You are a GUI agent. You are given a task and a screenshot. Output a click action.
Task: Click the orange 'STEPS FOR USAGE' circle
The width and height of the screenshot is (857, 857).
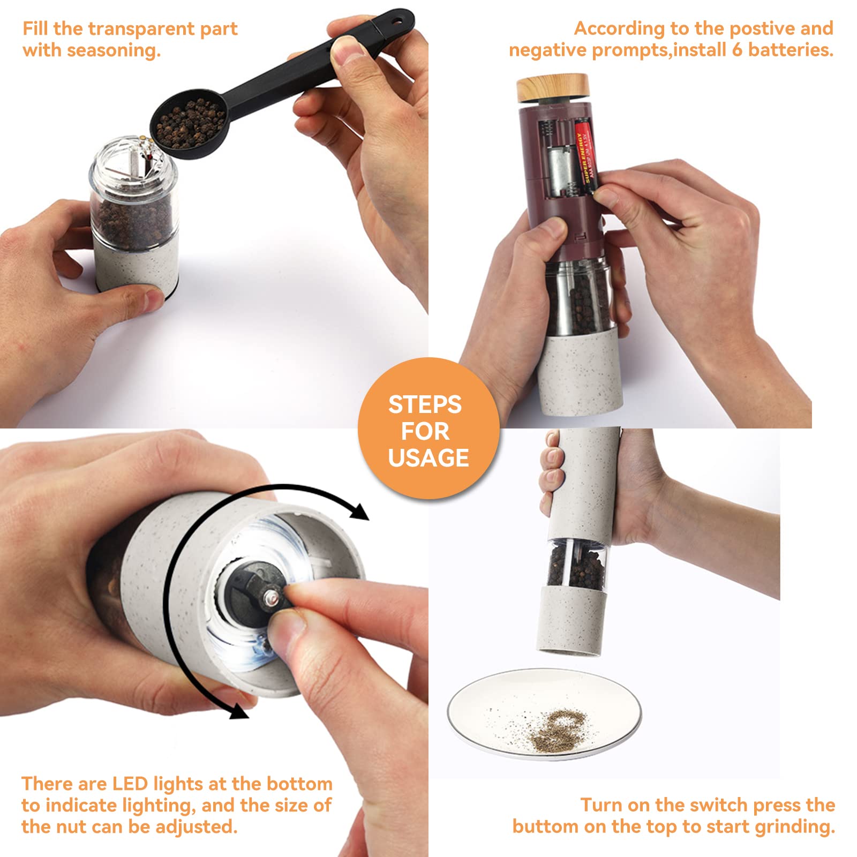point(428,428)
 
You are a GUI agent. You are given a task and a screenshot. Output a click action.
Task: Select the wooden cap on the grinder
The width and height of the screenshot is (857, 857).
point(553,89)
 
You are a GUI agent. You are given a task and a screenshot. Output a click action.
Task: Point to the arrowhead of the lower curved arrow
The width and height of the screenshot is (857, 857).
point(236,709)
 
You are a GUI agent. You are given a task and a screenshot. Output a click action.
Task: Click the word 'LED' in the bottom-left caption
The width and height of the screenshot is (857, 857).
point(130,784)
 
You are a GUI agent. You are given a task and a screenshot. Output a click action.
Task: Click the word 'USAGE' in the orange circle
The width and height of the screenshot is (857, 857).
point(428,458)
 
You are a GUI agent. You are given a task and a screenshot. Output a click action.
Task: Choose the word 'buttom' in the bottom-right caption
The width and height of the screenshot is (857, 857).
point(545,826)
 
